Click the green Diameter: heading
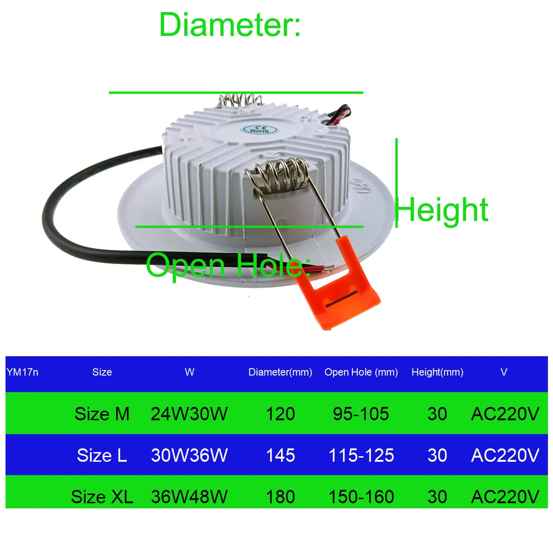(229, 25)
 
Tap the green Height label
(441, 211)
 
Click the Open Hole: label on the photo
(228, 265)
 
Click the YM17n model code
(23, 372)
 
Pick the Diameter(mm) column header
(280, 372)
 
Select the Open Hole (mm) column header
(361, 372)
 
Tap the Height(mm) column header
(437, 372)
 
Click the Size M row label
(102, 414)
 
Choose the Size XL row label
(102, 497)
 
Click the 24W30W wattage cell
(189, 414)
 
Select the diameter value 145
(280, 455)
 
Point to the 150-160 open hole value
(361, 497)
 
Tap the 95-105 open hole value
(361, 414)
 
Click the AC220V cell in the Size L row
(505, 455)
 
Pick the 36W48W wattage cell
(189, 497)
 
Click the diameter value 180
(280, 497)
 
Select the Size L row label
(102, 455)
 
